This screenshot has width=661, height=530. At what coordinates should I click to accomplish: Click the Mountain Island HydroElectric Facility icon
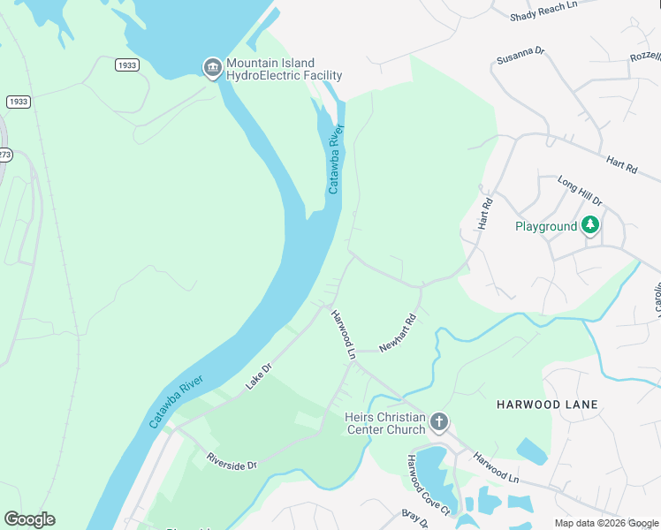click(212, 68)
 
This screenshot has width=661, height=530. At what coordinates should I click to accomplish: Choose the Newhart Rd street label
click(398, 334)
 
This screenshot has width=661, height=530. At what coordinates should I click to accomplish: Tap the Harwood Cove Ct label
click(428, 485)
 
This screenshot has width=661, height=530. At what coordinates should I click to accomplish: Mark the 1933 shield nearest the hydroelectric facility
click(127, 65)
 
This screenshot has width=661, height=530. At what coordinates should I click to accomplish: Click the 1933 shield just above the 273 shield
click(18, 102)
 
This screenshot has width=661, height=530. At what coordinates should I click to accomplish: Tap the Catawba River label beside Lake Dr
click(177, 402)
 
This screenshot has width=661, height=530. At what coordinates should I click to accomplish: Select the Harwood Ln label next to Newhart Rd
click(343, 334)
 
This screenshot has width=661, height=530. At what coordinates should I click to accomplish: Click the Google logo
click(29, 519)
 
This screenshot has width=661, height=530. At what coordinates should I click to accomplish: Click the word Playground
click(545, 226)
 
